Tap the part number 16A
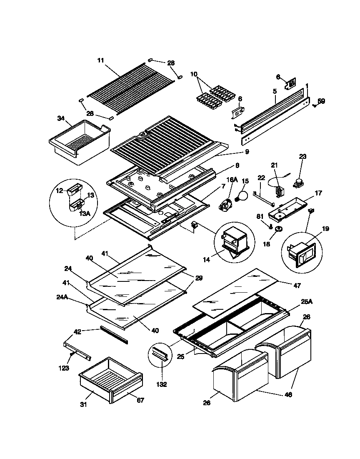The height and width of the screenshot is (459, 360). coord(232,180)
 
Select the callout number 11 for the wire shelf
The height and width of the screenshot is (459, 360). coord(100,60)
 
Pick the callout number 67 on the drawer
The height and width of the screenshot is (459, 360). coord(140,400)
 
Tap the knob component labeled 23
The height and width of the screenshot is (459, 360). coord(299,182)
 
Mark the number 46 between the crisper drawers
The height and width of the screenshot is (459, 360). coord(288,394)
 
